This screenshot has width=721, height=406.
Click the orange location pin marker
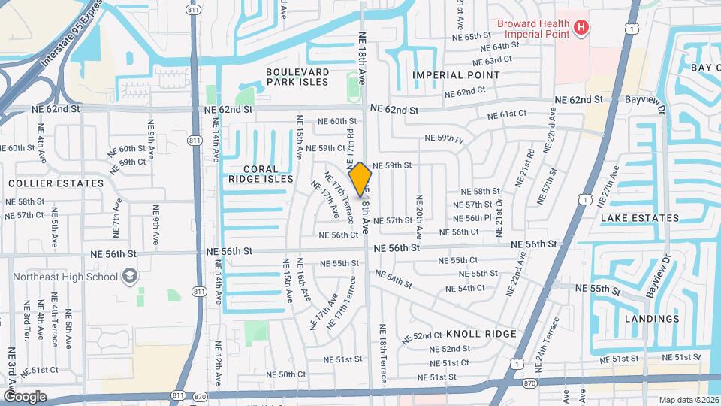click(360, 179)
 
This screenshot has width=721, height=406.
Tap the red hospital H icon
click(580, 28)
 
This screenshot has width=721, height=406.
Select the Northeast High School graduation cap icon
click(131, 276)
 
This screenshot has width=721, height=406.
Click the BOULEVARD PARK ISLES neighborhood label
click(297, 77)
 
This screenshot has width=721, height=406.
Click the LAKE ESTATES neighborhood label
click(640, 218)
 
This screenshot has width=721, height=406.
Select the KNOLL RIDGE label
click(481, 333)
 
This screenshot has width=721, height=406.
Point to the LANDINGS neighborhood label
click(652, 318)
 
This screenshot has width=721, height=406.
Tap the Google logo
click(24, 397)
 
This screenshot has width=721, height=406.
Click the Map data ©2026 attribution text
click(688, 400)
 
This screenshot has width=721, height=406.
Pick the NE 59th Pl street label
click(445, 138)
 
